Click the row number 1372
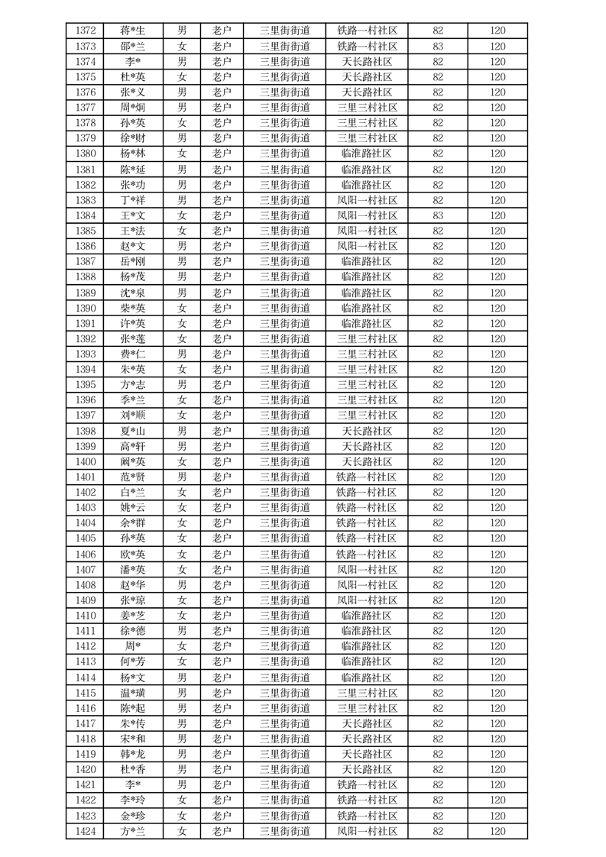tap(86, 31)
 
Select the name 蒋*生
tap(132, 31)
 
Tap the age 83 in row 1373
tap(438, 46)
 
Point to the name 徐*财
tap(132, 138)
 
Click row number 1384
tap(86, 215)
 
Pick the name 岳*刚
tap(132, 261)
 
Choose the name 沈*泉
tap(132, 293)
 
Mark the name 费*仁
tap(132, 354)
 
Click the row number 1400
tap(86, 461)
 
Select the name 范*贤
tap(132, 477)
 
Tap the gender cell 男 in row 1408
tap(182, 585)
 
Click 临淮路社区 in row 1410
tap(367, 616)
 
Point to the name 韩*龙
tap(132, 754)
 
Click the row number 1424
tap(86, 831)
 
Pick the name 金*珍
tap(132, 816)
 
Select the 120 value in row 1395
tap(497, 384)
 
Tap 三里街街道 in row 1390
tap(284, 308)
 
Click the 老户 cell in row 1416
tap(222, 708)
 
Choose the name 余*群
tap(132, 523)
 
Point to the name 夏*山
tap(132, 431)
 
